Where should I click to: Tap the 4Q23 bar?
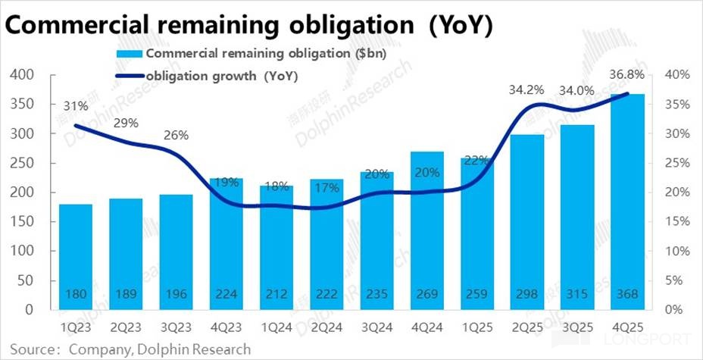pos(226,243)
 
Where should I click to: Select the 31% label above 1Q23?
pos(76,106)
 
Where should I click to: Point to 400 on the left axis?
pos(23,75)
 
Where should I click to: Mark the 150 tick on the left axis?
pos(23,221)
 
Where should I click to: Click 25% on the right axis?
pos(674,163)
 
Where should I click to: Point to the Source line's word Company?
pos(94,349)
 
